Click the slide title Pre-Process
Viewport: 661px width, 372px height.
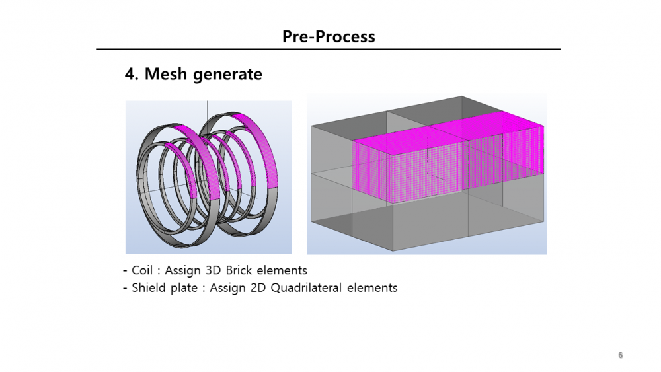click(329, 36)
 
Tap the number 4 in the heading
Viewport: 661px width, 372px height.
click(131, 74)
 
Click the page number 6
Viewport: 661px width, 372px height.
click(620, 355)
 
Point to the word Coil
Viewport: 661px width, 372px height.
click(142, 270)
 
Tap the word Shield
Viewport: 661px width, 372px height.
click(148, 288)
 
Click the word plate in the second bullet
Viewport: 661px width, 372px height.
click(183, 288)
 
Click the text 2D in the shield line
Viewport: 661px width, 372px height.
click(241, 288)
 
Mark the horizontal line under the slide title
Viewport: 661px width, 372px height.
click(329, 49)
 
